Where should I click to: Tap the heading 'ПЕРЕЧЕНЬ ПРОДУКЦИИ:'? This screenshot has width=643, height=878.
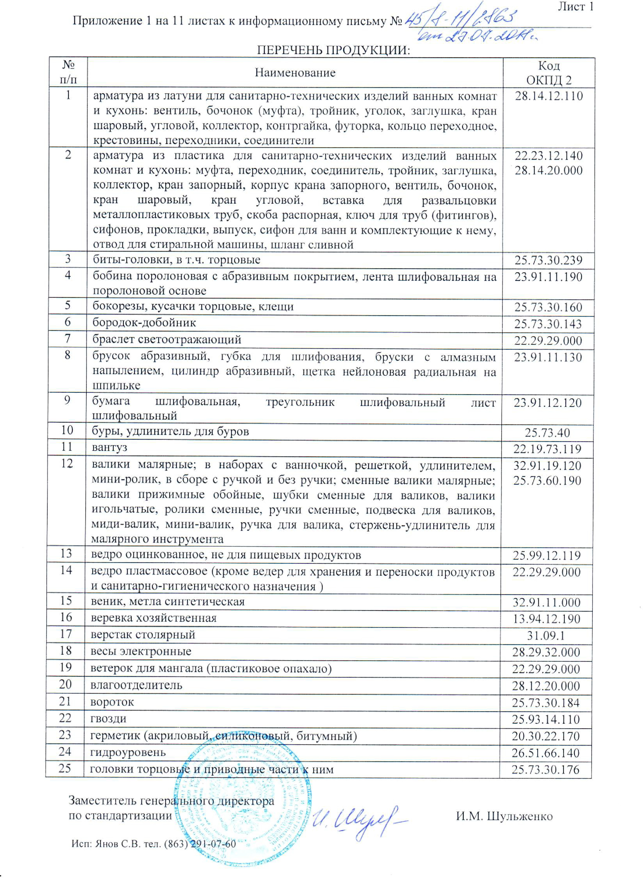tap(334, 50)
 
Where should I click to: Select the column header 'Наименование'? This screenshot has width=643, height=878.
tap(295, 72)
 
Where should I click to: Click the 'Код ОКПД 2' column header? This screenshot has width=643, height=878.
tap(549, 72)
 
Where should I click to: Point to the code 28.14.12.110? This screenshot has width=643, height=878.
tap(549, 96)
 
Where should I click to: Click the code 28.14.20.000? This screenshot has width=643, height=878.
tap(549, 170)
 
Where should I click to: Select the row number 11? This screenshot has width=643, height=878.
tap(67, 446)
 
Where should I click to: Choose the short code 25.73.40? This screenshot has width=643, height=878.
tap(547, 432)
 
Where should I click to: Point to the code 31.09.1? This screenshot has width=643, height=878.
tap(546, 636)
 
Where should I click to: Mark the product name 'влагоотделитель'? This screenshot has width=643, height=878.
tap(136, 685)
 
